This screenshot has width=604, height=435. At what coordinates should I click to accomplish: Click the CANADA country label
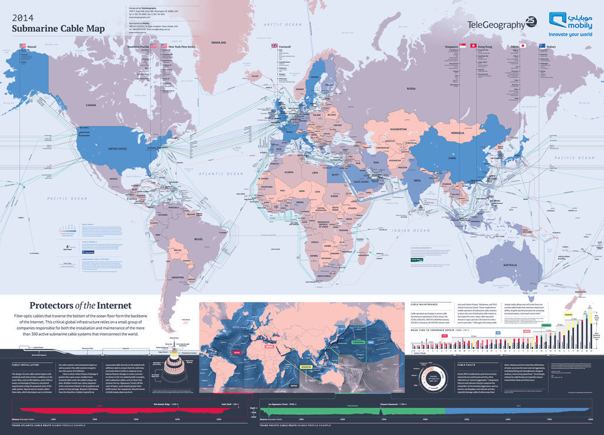coord(91,105)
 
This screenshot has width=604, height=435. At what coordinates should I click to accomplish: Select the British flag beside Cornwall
coord(274,45)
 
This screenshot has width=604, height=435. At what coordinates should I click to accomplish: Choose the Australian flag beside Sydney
coord(541,45)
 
